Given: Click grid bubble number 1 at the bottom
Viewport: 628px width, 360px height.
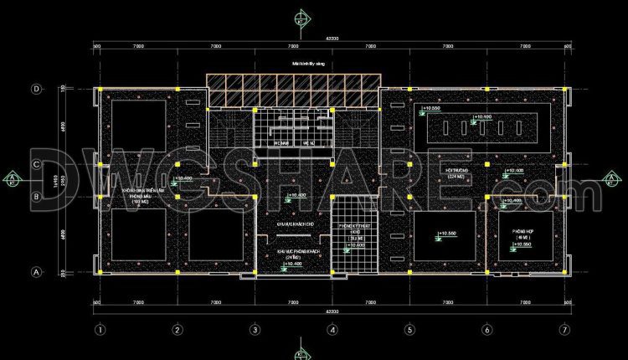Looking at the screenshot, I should tap(100, 329).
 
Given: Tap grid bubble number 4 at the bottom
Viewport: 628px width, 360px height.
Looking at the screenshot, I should tap(332, 329).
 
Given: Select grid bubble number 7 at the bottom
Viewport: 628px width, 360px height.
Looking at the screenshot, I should tap(564, 329).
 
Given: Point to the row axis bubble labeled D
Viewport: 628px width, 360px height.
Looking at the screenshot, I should tap(37, 88).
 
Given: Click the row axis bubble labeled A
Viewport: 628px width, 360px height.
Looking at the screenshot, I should tap(37, 272).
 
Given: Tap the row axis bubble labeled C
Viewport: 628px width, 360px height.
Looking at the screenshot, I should tap(37, 165).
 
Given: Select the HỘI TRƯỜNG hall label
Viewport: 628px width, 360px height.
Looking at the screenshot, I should tap(456, 173).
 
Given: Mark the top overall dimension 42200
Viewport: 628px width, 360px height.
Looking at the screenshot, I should tap(332, 38).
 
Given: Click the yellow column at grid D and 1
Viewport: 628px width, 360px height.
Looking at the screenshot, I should tap(100, 88).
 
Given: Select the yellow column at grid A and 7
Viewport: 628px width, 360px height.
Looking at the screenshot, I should tap(564, 272).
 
